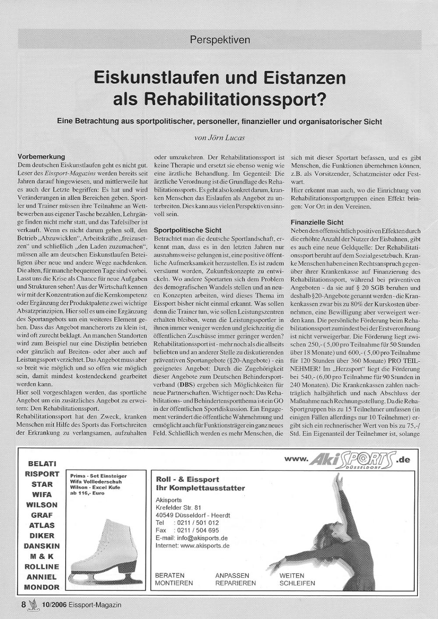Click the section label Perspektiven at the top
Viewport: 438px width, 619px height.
(220, 40)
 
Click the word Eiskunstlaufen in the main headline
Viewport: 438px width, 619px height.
(156, 78)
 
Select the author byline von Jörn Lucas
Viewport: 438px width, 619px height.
(219, 137)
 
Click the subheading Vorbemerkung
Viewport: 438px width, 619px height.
(41, 157)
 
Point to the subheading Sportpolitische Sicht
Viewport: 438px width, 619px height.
(187, 230)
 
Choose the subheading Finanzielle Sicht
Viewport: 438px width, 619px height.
(317, 222)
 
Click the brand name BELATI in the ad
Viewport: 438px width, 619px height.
(42, 464)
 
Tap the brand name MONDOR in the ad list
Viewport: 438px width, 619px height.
(42, 587)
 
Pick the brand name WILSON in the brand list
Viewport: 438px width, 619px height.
(42, 505)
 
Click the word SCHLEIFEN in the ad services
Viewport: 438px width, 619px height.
(297, 583)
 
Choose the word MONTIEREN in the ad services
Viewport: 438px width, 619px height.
(174, 583)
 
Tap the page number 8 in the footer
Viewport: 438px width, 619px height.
(24, 605)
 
